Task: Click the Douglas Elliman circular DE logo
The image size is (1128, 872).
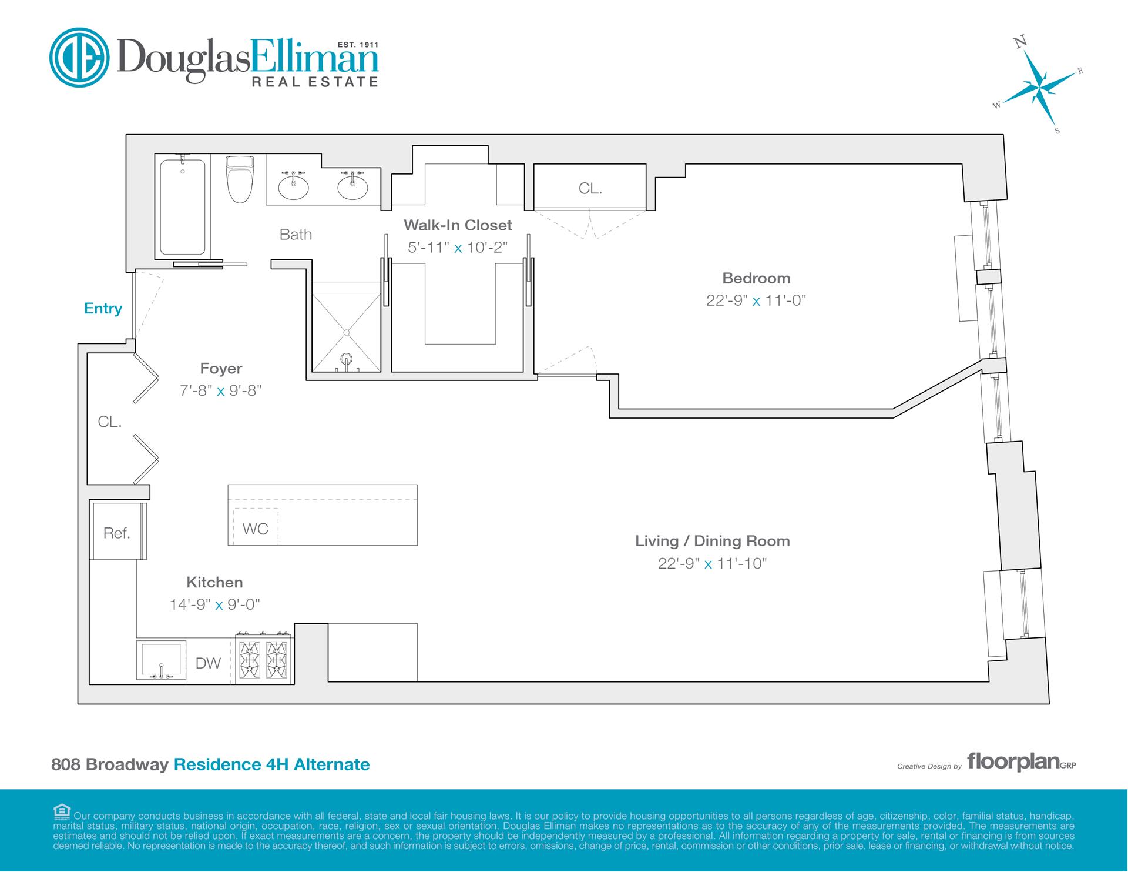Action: click(80, 58)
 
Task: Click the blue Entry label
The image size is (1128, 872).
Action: click(103, 309)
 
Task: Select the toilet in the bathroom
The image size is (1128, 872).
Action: click(240, 179)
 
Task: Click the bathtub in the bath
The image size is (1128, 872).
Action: click(183, 207)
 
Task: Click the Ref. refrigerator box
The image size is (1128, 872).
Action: click(117, 531)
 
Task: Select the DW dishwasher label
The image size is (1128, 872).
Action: click(208, 663)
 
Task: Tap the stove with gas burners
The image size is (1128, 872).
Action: click(264, 659)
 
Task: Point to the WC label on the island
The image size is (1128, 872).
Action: click(256, 529)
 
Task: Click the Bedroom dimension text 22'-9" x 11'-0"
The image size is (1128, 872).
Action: click(756, 300)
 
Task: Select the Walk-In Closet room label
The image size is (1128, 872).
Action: click(458, 225)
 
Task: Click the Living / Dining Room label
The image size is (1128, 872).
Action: click(713, 541)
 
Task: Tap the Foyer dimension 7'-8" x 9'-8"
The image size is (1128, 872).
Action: click(221, 390)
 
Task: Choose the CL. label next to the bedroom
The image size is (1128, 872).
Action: click(590, 188)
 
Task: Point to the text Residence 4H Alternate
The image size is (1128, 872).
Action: click(272, 764)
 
